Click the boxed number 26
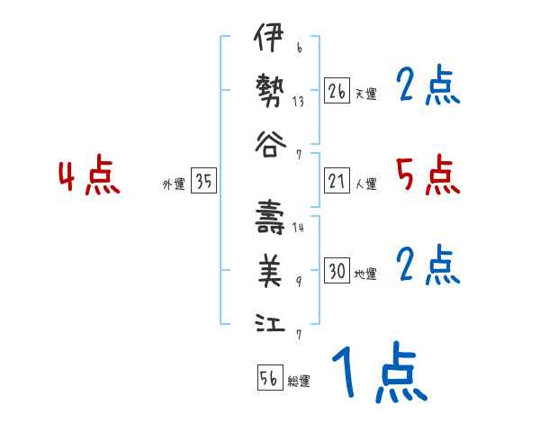[x=337, y=91]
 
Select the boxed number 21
[x=337, y=181]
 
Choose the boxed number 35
[x=203, y=181]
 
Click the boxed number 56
[x=269, y=378]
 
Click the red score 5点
[x=427, y=175]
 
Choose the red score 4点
[x=89, y=176]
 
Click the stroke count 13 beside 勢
[x=298, y=102]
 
